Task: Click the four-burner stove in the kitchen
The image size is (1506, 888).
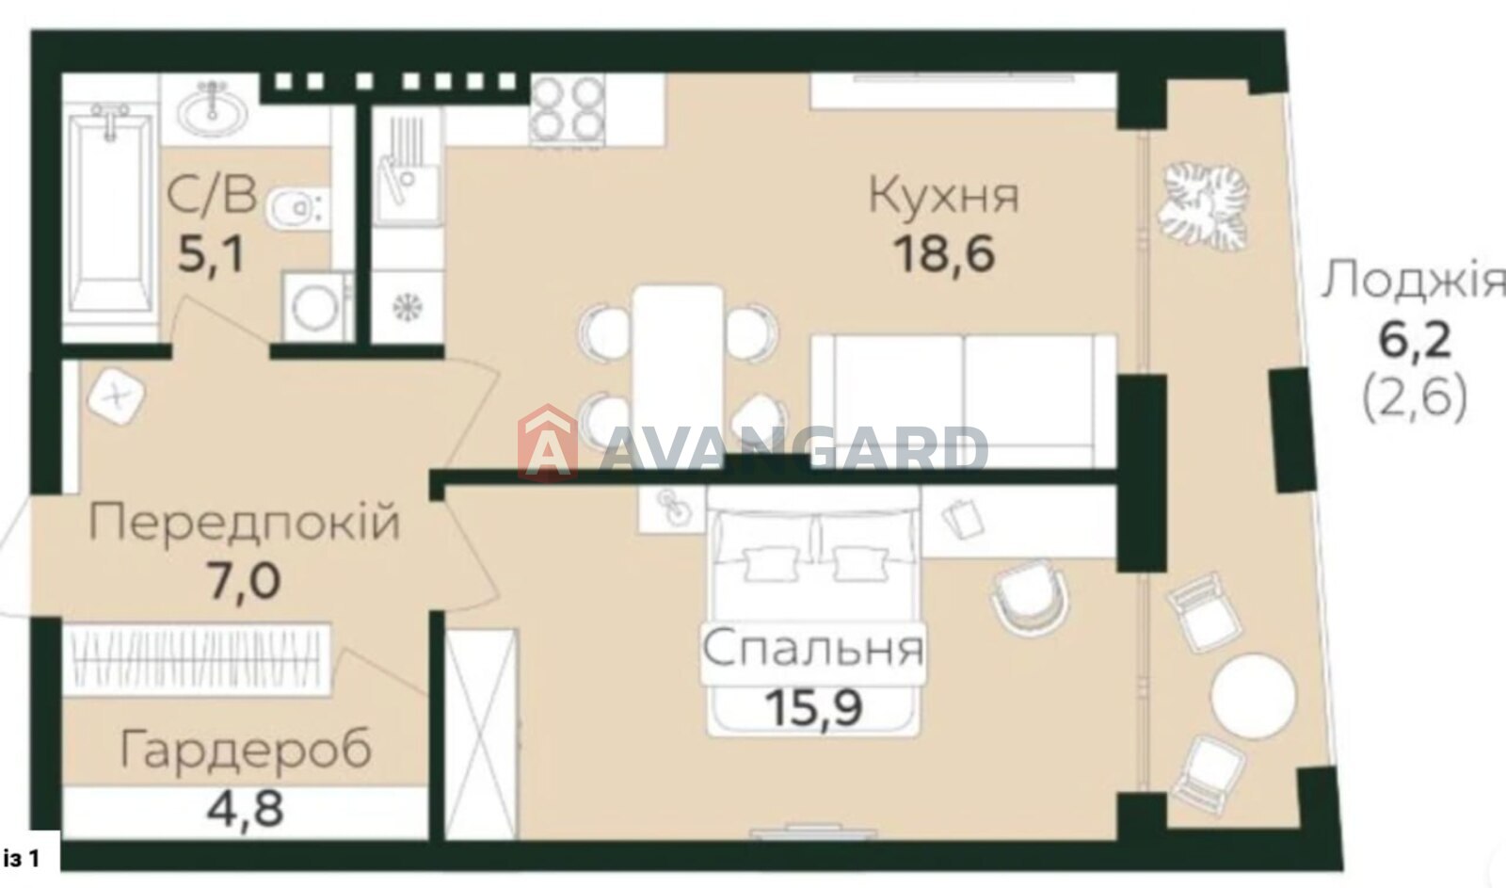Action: point(567,108)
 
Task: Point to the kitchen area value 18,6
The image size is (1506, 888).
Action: point(944,255)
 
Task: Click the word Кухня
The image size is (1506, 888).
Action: point(944,194)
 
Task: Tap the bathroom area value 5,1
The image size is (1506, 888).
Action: point(211,255)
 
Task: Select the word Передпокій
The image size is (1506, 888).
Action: point(244,523)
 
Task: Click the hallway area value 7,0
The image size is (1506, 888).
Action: point(244,582)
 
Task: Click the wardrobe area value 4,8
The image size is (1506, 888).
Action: point(246,809)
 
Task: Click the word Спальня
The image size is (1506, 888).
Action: point(813,649)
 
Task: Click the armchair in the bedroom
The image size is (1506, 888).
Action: point(1030,596)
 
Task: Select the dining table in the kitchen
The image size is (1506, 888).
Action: point(679,376)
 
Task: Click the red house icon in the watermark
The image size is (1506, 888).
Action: point(548,443)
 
